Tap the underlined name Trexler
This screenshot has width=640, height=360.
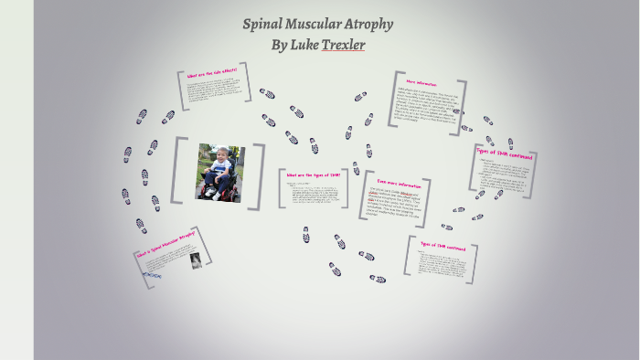[343, 45]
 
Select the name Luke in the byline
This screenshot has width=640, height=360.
[304, 45]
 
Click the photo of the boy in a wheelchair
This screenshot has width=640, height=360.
[219, 171]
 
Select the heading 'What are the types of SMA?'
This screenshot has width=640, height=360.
[313, 175]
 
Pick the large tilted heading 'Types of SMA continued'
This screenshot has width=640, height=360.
[506, 153]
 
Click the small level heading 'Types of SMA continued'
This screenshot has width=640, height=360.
[443, 248]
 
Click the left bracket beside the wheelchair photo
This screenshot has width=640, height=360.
[179, 171]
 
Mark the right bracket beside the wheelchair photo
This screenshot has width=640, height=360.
[259, 171]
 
